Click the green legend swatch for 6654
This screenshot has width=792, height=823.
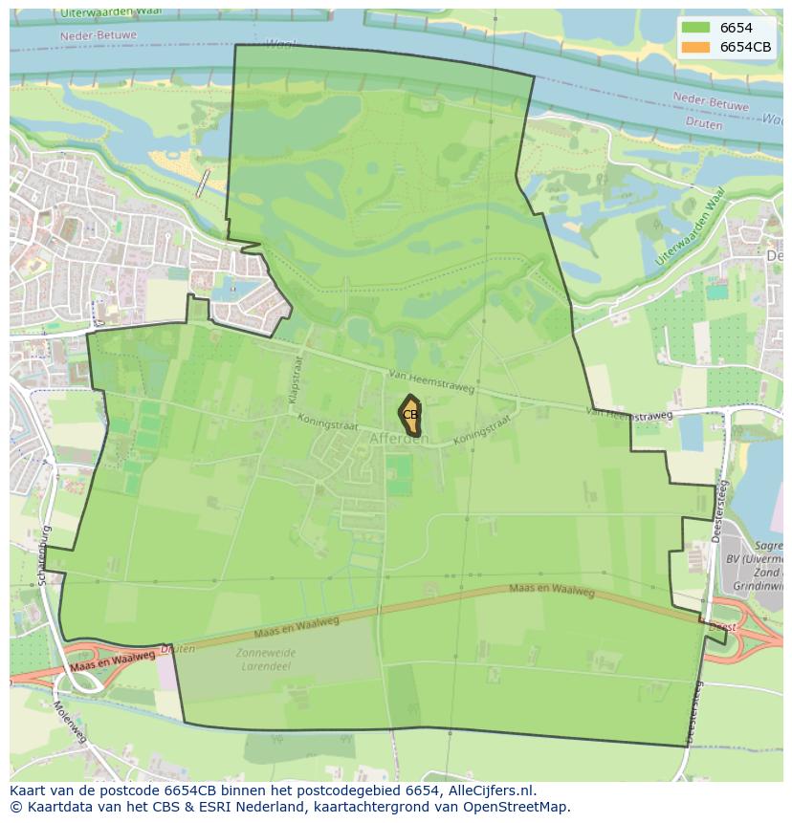pyautogui.click(x=696, y=29)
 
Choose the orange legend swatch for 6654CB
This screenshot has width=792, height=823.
pyautogui.click(x=696, y=47)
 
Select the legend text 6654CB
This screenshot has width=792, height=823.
pyautogui.click(x=745, y=47)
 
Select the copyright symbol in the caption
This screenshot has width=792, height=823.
pyautogui.click(x=16, y=807)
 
